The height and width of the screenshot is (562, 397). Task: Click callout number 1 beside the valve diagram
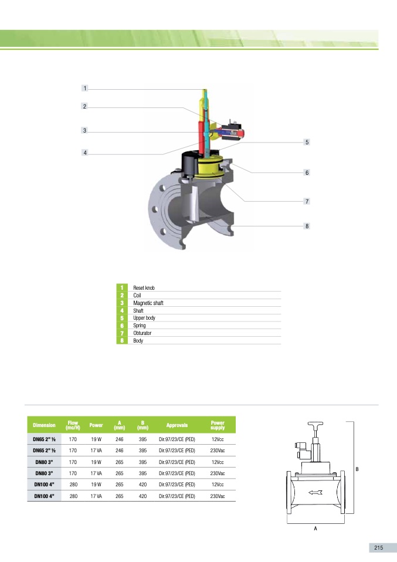(x=85, y=89)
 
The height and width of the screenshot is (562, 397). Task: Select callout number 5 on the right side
(x=306, y=143)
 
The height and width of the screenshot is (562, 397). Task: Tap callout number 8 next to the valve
(x=306, y=226)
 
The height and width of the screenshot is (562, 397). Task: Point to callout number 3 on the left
(x=85, y=131)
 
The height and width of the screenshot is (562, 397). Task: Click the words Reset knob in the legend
(x=144, y=288)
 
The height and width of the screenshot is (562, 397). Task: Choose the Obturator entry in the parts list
(x=142, y=333)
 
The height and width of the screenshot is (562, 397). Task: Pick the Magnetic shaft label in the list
(x=148, y=303)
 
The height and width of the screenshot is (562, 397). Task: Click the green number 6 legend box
(x=122, y=326)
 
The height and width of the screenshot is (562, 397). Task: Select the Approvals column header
(x=177, y=425)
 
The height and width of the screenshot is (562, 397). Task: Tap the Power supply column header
(x=218, y=425)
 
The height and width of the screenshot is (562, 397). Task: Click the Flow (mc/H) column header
(x=73, y=425)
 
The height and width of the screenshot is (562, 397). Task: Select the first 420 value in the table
(x=142, y=485)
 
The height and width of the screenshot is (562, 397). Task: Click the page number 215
(x=378, y=547)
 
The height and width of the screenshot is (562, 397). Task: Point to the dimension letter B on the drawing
(x=357, y=468)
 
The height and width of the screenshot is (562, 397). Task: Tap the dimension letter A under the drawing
(x=315, y=529)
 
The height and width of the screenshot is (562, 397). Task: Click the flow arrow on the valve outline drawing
(x=315, y=492)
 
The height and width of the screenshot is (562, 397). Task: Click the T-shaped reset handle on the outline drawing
(x=315, y=426)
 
